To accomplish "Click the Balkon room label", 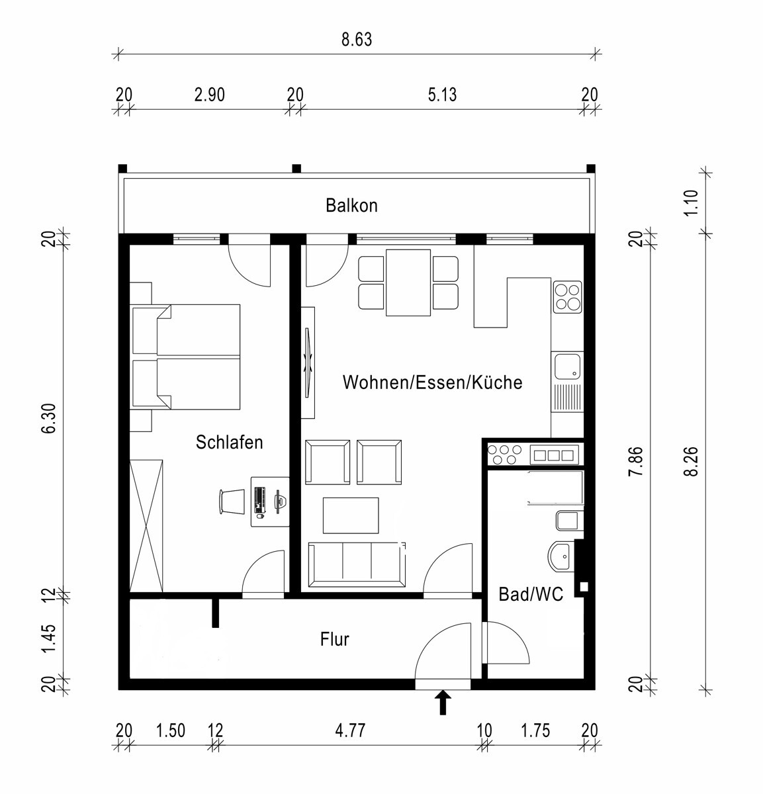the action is [x=351, y=205].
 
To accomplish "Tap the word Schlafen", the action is [x=230, y=442].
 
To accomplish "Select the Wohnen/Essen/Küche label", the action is [x=433, y=382].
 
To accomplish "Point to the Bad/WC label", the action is [x=531, y=594].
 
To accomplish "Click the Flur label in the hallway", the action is [x=335, y=639].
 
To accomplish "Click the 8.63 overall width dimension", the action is [x=357, y=40].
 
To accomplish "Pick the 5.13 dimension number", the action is [x=442, y=95].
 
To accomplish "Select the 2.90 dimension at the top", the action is [x=209, y=95].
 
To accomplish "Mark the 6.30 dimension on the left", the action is [x=48, y=418].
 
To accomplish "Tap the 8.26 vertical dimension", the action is [x=692, y=461].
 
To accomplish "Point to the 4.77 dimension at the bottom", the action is [x=350, y=730].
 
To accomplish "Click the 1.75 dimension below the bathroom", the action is [x=535, y=730].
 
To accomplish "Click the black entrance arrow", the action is [x=443, y=702].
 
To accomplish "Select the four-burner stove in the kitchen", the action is [x=568, y=296].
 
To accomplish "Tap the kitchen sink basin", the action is [x=567, y=366].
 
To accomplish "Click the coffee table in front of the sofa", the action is [x=351, y=515].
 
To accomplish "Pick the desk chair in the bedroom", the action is [x=232, y=502].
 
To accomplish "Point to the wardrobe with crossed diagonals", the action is [x=146, y=526].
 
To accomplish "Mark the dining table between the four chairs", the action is [x=408, y=283].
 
